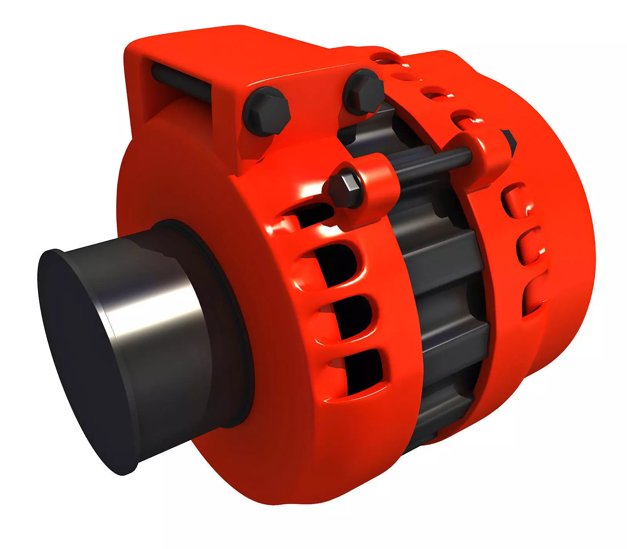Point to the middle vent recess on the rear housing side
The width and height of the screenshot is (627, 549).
(x=529, y=245)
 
